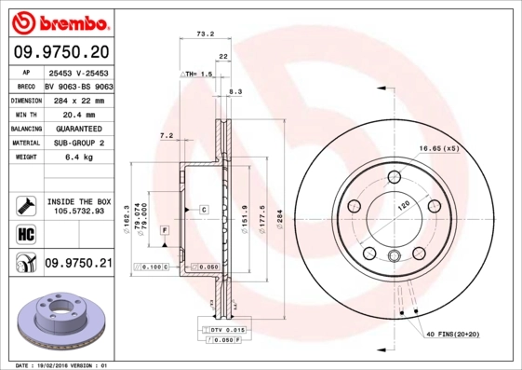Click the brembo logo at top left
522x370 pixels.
pyautogui.click(x=59, y=20)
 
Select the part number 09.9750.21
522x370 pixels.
pyautogui.click(x=78, y=264)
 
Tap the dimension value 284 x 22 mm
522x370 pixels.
pyautogui.click(x=77, y=99)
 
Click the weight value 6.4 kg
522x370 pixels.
pyautogui.click(x=77, y=158)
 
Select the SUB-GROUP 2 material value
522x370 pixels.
pyautogui.click(x=77, y=143)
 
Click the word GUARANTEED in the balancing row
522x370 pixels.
pyautogui.click(x=77, y=128)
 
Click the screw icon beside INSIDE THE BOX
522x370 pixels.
pyautogui.click(x=25, y=204)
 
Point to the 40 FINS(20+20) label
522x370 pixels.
pyautogui.click(x=453, y=334)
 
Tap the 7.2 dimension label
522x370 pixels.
pyautogui.click(x=167, y=136)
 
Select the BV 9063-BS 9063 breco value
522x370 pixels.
pyautogui.click(x=78, y=84)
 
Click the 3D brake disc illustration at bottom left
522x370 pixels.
pyautogui.click(x=59, y=320)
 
